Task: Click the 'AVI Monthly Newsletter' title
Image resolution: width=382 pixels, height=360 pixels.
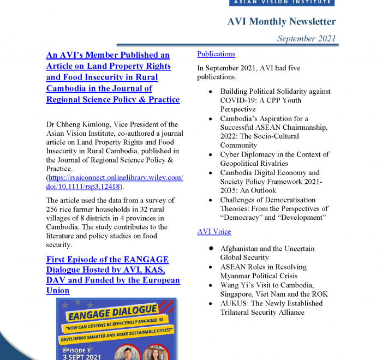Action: click(x=281, y=22)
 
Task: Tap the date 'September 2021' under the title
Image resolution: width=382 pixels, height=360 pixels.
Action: click(x=306, y=38)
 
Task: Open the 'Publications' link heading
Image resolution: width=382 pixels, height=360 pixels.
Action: click(x=216, y=54)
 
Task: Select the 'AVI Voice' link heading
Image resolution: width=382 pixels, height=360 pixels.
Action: click(x=214, y=231)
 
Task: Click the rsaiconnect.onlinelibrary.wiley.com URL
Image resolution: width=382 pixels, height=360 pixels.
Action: click(x=115, y=182)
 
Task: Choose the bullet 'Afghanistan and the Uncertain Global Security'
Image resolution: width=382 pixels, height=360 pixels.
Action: click(x=267, y=253)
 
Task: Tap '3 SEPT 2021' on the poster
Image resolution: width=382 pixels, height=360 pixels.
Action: click(x=82, y=356)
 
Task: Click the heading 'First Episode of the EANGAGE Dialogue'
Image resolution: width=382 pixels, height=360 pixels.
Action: click(x=112, y=275)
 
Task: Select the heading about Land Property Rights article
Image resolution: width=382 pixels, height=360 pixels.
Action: click(x=112, y=77)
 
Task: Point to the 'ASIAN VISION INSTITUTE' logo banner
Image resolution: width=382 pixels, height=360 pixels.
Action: click(x=282, y=2)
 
